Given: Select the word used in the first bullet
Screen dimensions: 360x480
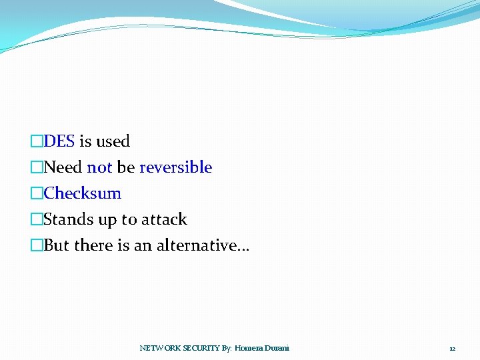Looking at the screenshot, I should click(x=113, y=141).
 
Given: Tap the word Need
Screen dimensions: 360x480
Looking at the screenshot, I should click(x=63, y=167).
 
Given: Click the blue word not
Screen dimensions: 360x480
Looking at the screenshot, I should click(x=99, y=167).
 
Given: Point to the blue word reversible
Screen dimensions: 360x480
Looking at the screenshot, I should click(x=175, y=167).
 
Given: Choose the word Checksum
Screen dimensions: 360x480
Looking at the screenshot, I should click(x=83, y=193).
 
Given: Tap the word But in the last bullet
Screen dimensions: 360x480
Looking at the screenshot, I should click(x=57, y=245).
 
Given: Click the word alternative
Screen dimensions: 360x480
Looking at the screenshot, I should click(x=201, y=245).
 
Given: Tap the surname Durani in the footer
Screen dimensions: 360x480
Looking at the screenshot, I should click(x=279, y=348).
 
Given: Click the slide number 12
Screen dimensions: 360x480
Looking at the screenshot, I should click(x=452, y=349).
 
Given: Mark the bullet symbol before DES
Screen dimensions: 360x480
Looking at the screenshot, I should click(x=37, y=141).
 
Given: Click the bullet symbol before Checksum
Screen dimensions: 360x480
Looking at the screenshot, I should click(x=37, y=193).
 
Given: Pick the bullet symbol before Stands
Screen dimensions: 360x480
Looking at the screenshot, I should click(x=37, y=219).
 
